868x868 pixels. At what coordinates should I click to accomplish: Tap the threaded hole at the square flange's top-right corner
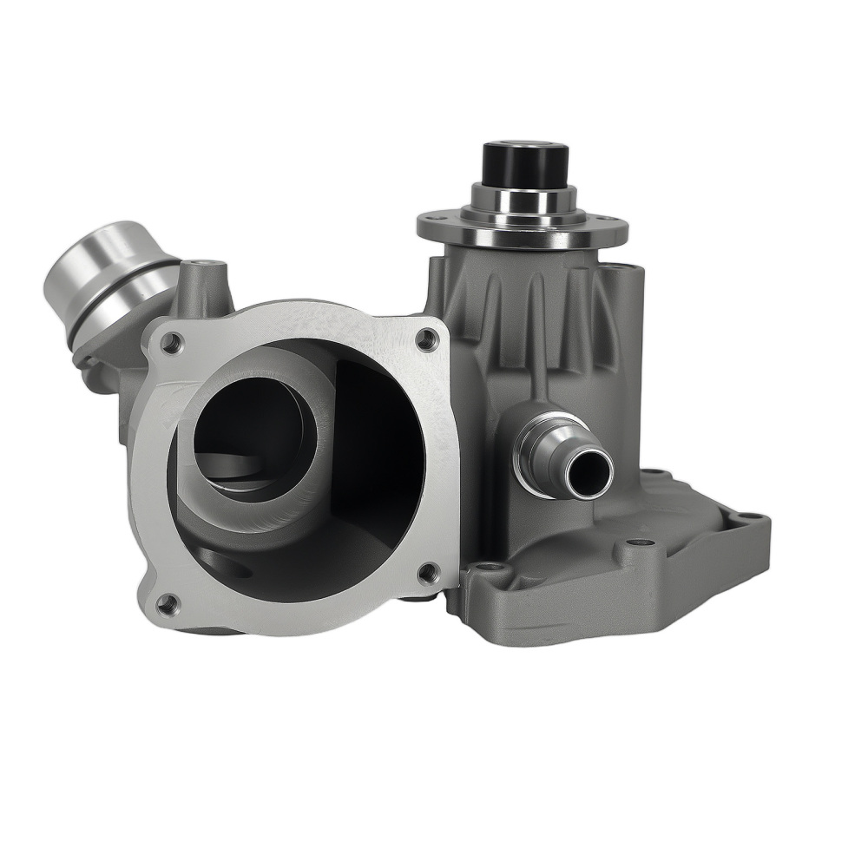(x=426, y=339)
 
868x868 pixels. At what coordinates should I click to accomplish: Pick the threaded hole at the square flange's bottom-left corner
(x=167, y=602)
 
